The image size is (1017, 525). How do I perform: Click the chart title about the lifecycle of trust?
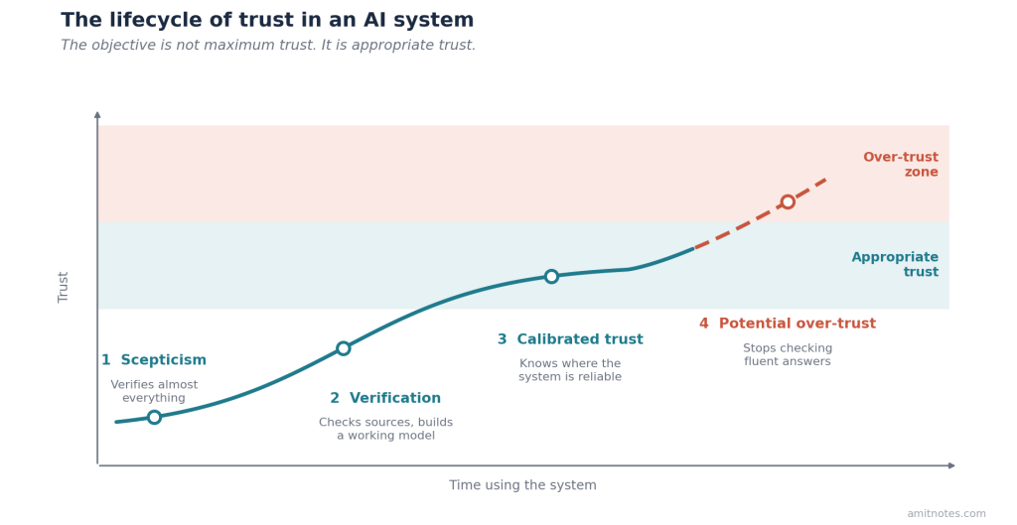267,20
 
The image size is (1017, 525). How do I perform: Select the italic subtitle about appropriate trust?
268,46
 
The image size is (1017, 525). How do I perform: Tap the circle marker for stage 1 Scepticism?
154,417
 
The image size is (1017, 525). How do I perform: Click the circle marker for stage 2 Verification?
343,348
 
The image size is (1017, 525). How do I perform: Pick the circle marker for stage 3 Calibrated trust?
551,276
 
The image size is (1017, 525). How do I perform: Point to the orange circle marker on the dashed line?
788,201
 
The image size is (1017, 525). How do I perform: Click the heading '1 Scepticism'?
154,360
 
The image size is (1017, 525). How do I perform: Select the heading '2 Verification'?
385,398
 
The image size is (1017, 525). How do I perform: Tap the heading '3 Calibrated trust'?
570,339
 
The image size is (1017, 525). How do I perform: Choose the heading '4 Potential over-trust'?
788,324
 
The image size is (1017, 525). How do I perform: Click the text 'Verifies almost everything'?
154,391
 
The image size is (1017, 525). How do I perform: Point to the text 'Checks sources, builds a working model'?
386,429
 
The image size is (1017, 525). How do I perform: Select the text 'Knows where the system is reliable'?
570,370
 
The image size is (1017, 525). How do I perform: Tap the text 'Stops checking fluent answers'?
788,354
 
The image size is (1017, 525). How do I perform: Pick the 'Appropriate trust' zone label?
895,264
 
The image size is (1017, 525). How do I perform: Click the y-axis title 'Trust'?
63,287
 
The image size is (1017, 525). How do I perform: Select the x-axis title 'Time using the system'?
522,485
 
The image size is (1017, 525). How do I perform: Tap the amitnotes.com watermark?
946,513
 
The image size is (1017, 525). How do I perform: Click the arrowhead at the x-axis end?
952,465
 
